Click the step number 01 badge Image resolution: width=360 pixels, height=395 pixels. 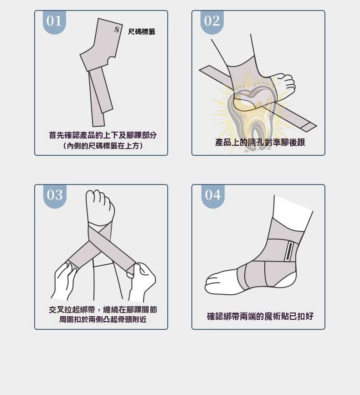[54, 22]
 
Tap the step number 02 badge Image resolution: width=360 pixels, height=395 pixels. [212, 22]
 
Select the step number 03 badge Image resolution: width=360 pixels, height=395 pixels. [55, 196]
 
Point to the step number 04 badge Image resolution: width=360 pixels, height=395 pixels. [213, 196]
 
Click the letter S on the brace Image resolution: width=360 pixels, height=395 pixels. [117, 30]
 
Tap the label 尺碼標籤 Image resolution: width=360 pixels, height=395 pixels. [142, 32]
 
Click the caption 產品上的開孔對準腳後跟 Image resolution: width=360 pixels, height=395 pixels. [260, 142]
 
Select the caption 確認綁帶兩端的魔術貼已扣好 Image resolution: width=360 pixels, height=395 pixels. [260, 316]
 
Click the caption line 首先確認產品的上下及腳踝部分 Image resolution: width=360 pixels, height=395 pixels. [103, 135]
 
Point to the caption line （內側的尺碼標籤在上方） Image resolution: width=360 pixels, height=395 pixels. [103, 146]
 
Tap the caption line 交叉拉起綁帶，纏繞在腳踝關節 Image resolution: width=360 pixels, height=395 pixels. [103, 309]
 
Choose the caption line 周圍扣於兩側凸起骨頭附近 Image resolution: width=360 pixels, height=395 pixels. [103, 319]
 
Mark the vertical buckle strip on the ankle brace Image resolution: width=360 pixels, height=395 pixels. [289, 251]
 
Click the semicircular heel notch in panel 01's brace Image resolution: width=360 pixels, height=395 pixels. [111, 61]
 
